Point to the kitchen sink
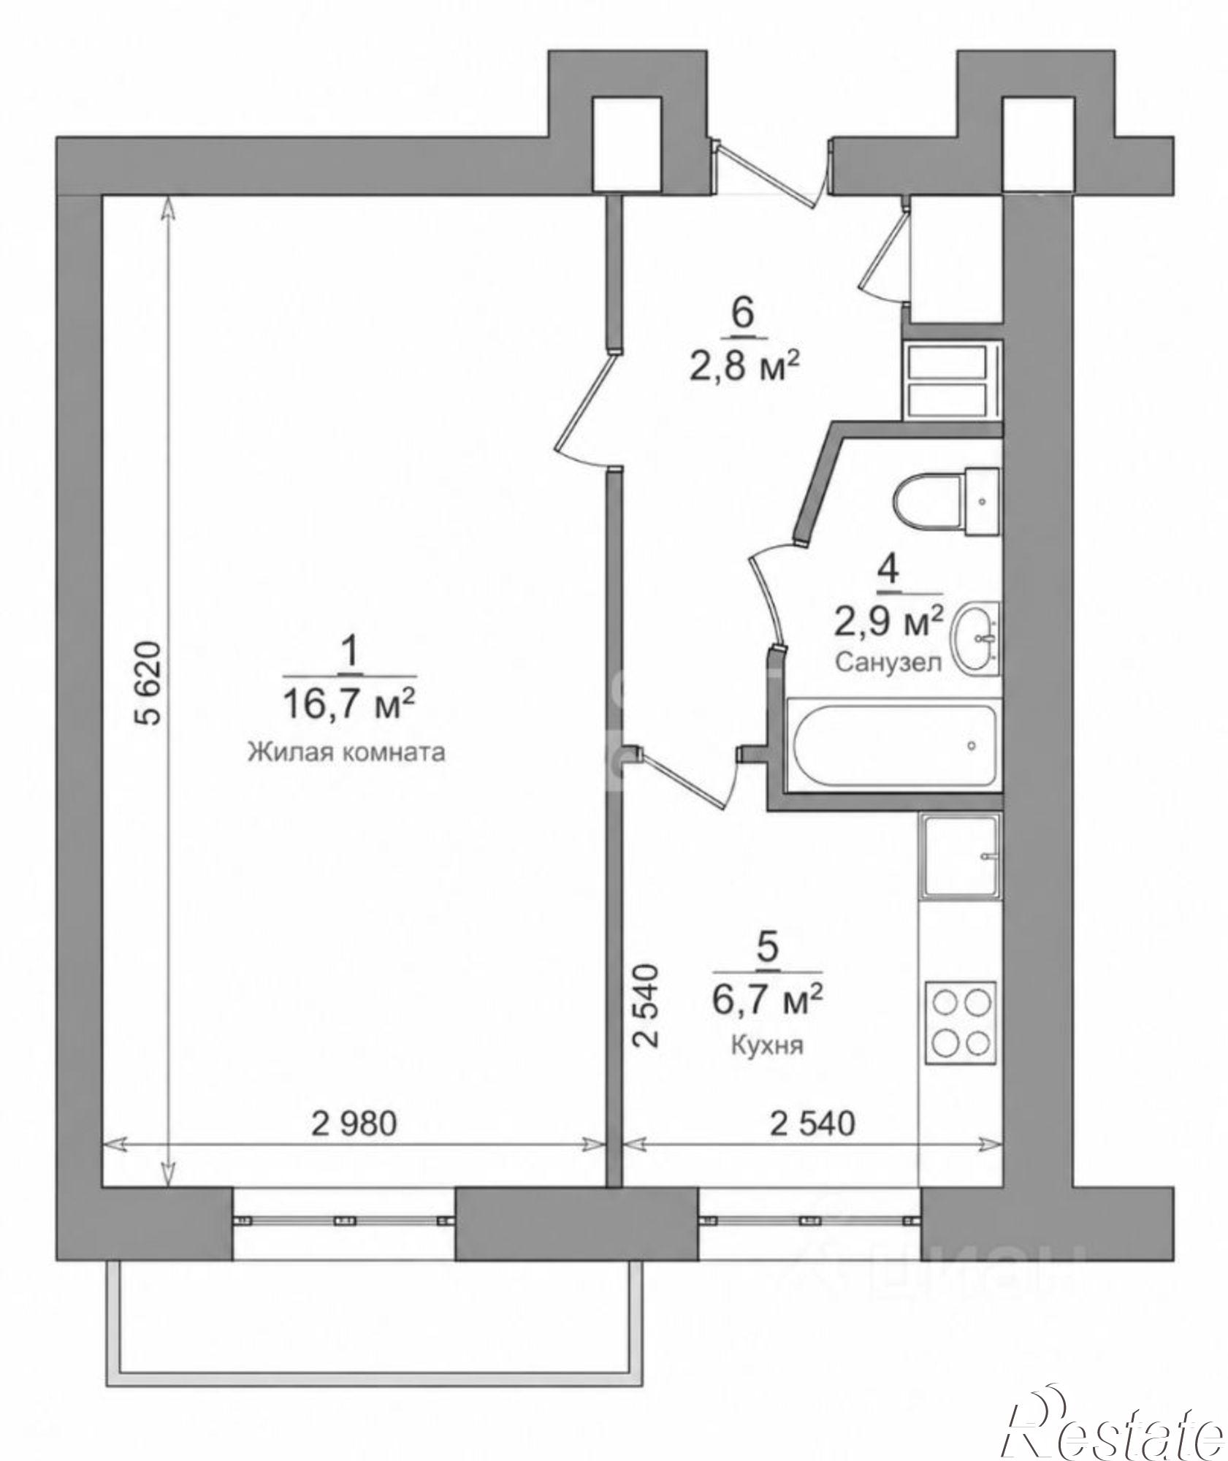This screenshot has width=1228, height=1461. click(x=961, y=856)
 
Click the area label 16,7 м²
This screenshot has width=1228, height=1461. click(x=349, y=705)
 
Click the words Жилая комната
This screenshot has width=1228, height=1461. click(x=346, y=752)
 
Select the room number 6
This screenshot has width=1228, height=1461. click(x=741, y=314)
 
